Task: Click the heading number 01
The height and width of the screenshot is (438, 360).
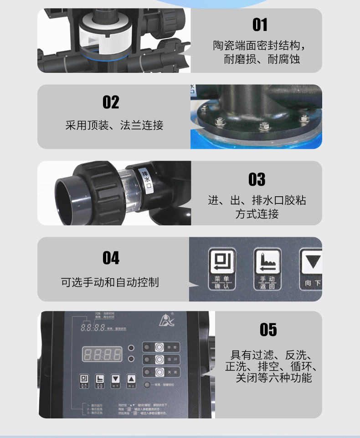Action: click(260, 25)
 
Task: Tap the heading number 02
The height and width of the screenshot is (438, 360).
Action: click(111, 102)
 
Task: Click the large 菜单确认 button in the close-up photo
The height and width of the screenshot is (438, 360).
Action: click(222, 269)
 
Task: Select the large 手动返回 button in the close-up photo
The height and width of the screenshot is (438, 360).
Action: click(267, 269)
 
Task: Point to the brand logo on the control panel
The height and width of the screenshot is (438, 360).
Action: click(165, 322)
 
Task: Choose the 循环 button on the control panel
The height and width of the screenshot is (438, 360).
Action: click(159, 359)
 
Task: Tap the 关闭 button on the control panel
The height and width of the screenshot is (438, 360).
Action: click(159, 372)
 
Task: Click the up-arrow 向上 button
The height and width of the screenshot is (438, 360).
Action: click(131, 381)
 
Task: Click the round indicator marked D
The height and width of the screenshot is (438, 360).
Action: click(131, 348)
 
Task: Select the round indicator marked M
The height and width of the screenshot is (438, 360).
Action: click(131, 359)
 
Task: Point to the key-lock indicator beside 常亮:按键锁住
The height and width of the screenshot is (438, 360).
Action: click(147, 385)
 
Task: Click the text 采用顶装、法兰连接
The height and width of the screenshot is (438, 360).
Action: click(114, 125)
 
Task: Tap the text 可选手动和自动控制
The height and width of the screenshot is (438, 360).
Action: click(110, 282)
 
